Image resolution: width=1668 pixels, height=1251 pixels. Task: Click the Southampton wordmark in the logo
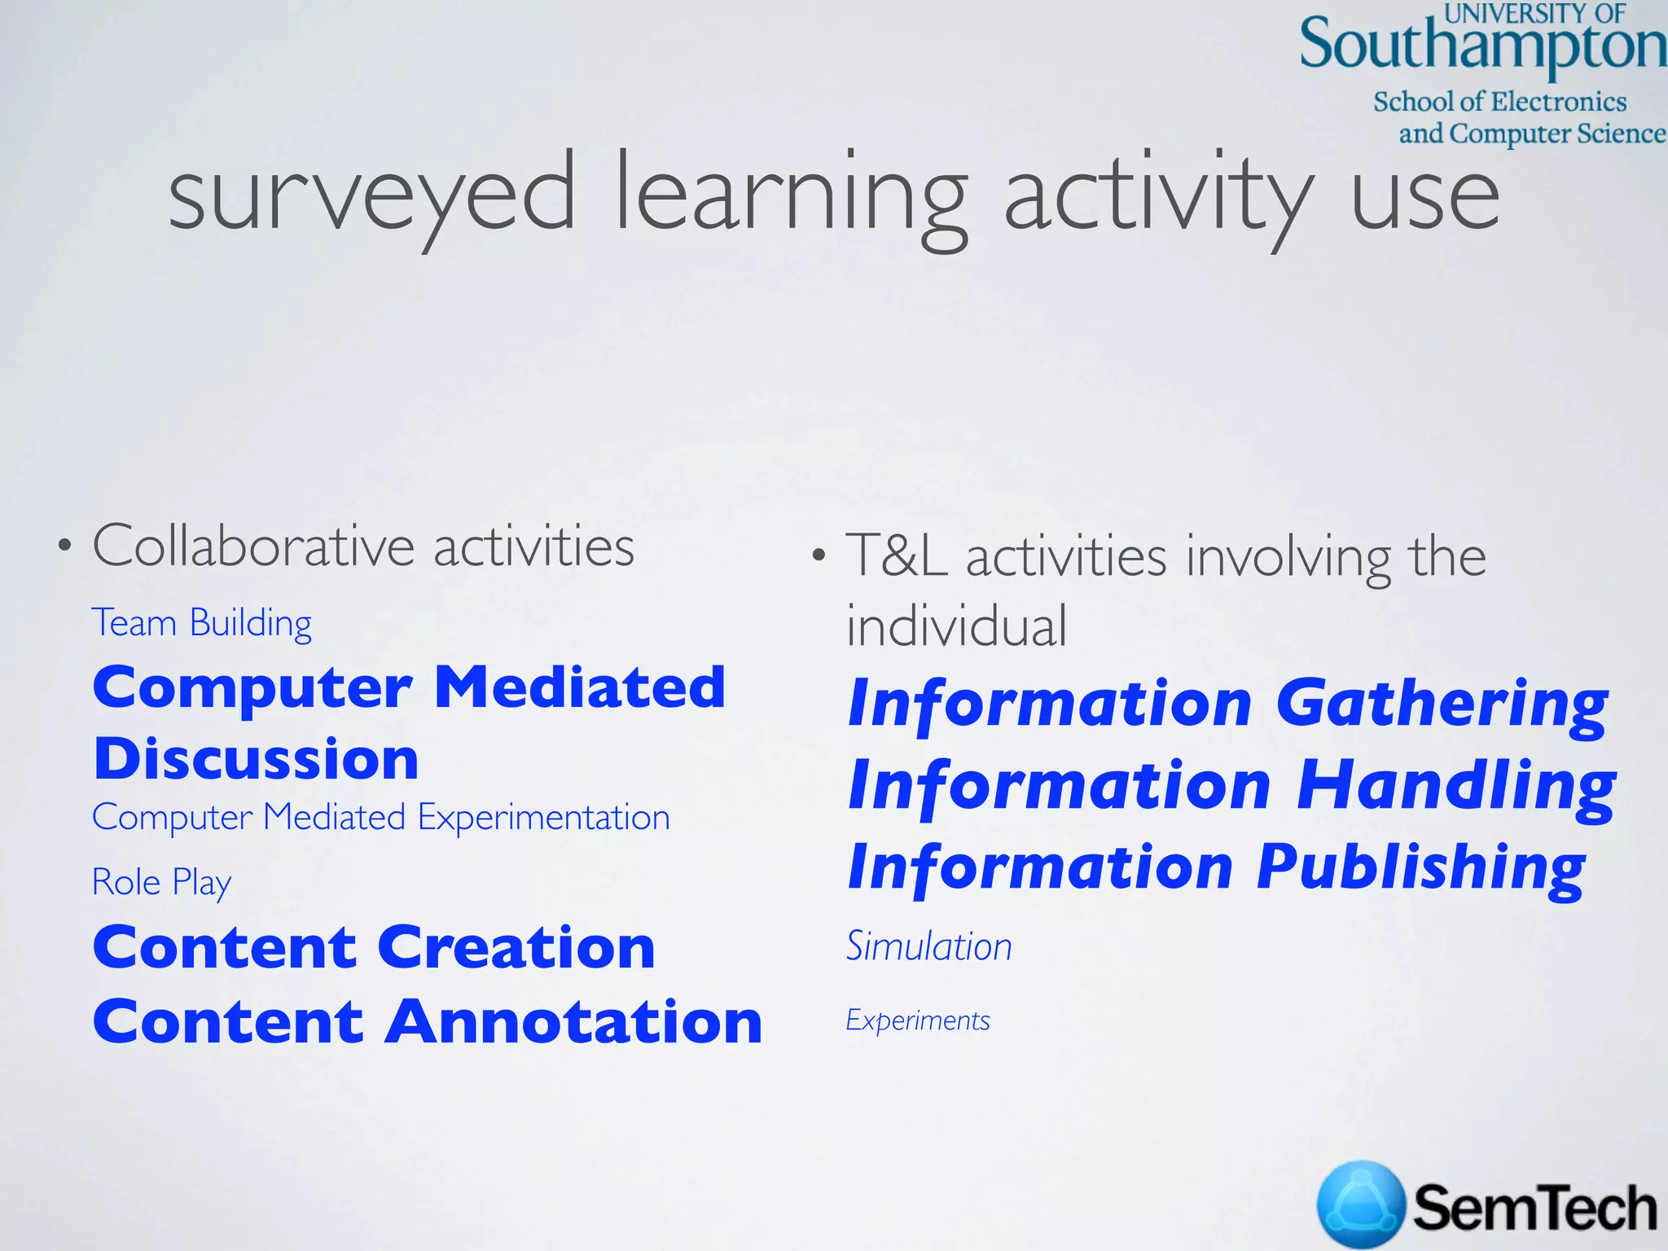[x=1481, y=46]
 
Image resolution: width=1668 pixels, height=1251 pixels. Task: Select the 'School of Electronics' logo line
[x=1499, y=102]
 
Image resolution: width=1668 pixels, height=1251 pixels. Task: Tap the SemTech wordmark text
[x=1534, y=1208]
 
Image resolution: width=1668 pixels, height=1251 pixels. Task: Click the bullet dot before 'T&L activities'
[x=819, y=556]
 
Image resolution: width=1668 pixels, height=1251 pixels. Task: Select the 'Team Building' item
[x=201, y=623]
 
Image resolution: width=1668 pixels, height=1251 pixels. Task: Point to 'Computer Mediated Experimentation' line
[x=380, y=817]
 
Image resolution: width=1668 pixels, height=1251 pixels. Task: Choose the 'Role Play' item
[x=161, y=882]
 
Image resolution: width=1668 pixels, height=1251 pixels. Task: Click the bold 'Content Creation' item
[x=374, y=947]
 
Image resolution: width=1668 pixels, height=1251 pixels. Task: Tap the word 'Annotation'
[x=573, y=1022]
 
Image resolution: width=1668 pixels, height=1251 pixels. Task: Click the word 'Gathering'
[x=1442, y=704]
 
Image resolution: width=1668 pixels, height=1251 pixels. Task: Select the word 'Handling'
[x=1455, y=785]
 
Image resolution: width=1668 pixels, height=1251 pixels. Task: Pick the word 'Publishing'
[x=1420, y=867]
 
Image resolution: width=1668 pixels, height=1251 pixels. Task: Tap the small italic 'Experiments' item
[x=918, y=1021]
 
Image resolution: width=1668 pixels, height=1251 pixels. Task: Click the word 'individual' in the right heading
[x=956, y=626]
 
